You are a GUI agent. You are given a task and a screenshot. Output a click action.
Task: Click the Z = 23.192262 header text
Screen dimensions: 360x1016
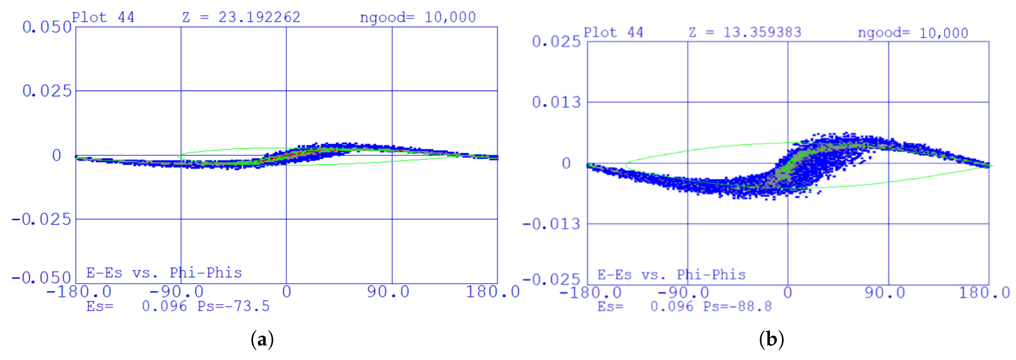(x=241, y=17)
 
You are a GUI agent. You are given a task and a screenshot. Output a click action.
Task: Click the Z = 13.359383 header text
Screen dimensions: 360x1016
(x=745, y=32)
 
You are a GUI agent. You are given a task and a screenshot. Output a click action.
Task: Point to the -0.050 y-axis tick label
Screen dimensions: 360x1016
(x=41, y=278)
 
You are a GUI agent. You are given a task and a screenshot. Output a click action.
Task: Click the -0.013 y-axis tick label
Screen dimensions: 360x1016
(x=551, y=224)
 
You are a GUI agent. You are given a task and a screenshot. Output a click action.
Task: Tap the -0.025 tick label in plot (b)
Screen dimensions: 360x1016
(x=551, y=280)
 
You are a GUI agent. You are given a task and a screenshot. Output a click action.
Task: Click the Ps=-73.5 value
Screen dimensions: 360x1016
(x=233, y=306)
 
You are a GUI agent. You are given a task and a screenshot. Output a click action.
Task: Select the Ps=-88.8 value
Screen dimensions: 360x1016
(x=737, y=306)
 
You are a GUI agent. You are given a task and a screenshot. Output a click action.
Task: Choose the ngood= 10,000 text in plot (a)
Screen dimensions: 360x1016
(x=418, y=17)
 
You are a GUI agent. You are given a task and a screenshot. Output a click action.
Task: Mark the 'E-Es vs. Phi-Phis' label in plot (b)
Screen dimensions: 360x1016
(x=671, y=275)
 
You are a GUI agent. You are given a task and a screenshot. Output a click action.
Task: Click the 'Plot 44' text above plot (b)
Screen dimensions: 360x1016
(x=613, y=32)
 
